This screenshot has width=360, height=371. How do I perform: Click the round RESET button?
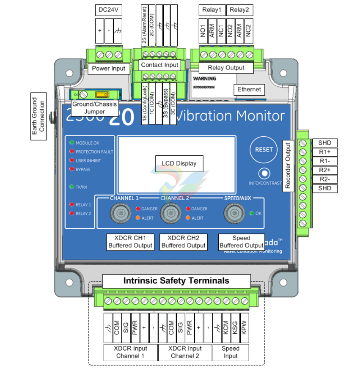pyautogui.click(x=264, y=149)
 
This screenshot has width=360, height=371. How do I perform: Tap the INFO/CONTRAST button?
pyautogui.click(x=264, y=173)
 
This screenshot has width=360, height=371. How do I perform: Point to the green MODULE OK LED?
pyautogui.click(x=72, y=143)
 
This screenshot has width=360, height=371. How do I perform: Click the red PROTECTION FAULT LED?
pyautogui.click(x=72, y=151)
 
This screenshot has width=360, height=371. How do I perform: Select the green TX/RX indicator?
pyautogui.click(x=72, y=186)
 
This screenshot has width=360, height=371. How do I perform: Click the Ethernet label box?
pyautogui.click(x=249, y=89)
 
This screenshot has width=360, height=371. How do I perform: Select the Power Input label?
pyautogui.click(x=109, y=68)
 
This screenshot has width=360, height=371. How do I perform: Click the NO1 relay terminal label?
pyautogui.click(x=203, y=32)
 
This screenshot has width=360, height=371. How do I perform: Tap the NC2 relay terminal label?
pyautogui.click(x=249, y=32)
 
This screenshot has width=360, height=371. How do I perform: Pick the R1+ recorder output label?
pyautogui.click(x=325, y=152)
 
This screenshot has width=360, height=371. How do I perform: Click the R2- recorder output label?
pyautogui.click(x=325, y=179)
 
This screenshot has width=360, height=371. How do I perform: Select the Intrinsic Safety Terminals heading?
pyautogui.click(x=176, y=280)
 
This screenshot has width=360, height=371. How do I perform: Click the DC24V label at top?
pyautogui.click(x=108, y=10)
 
